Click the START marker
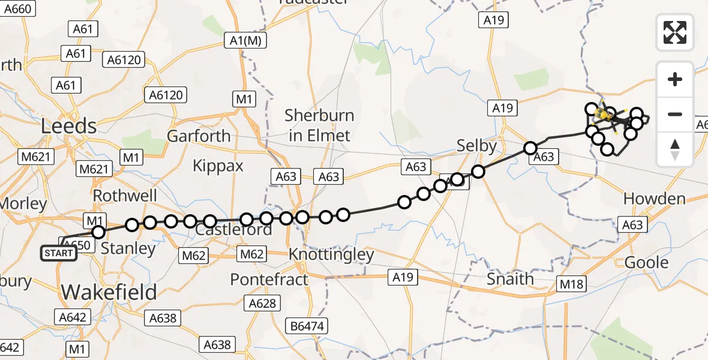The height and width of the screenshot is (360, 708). click(59, 253)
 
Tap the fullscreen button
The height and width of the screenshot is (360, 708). click(675, 32)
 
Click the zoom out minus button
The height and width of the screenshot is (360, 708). click(675, 114)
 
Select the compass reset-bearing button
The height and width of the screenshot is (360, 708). click(675, 149)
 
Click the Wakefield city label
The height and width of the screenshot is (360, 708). click(109, 292)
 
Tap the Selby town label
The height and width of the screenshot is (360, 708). click(477, 146)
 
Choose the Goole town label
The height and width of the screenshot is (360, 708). click(646, 262)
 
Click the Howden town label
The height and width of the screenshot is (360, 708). click(654, 199)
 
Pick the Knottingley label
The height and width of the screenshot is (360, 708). click(331, 254)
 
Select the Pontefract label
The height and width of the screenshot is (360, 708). click(269, 280)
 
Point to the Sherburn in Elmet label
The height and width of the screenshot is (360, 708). click(319, 125)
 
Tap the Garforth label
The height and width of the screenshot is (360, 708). click(199, 136)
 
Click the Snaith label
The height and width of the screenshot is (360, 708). click(510, 278)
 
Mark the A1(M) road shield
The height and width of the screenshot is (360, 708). click(245, 41)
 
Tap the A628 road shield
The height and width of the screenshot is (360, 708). click(262, 304)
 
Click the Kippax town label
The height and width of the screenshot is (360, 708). click(218, 166)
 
